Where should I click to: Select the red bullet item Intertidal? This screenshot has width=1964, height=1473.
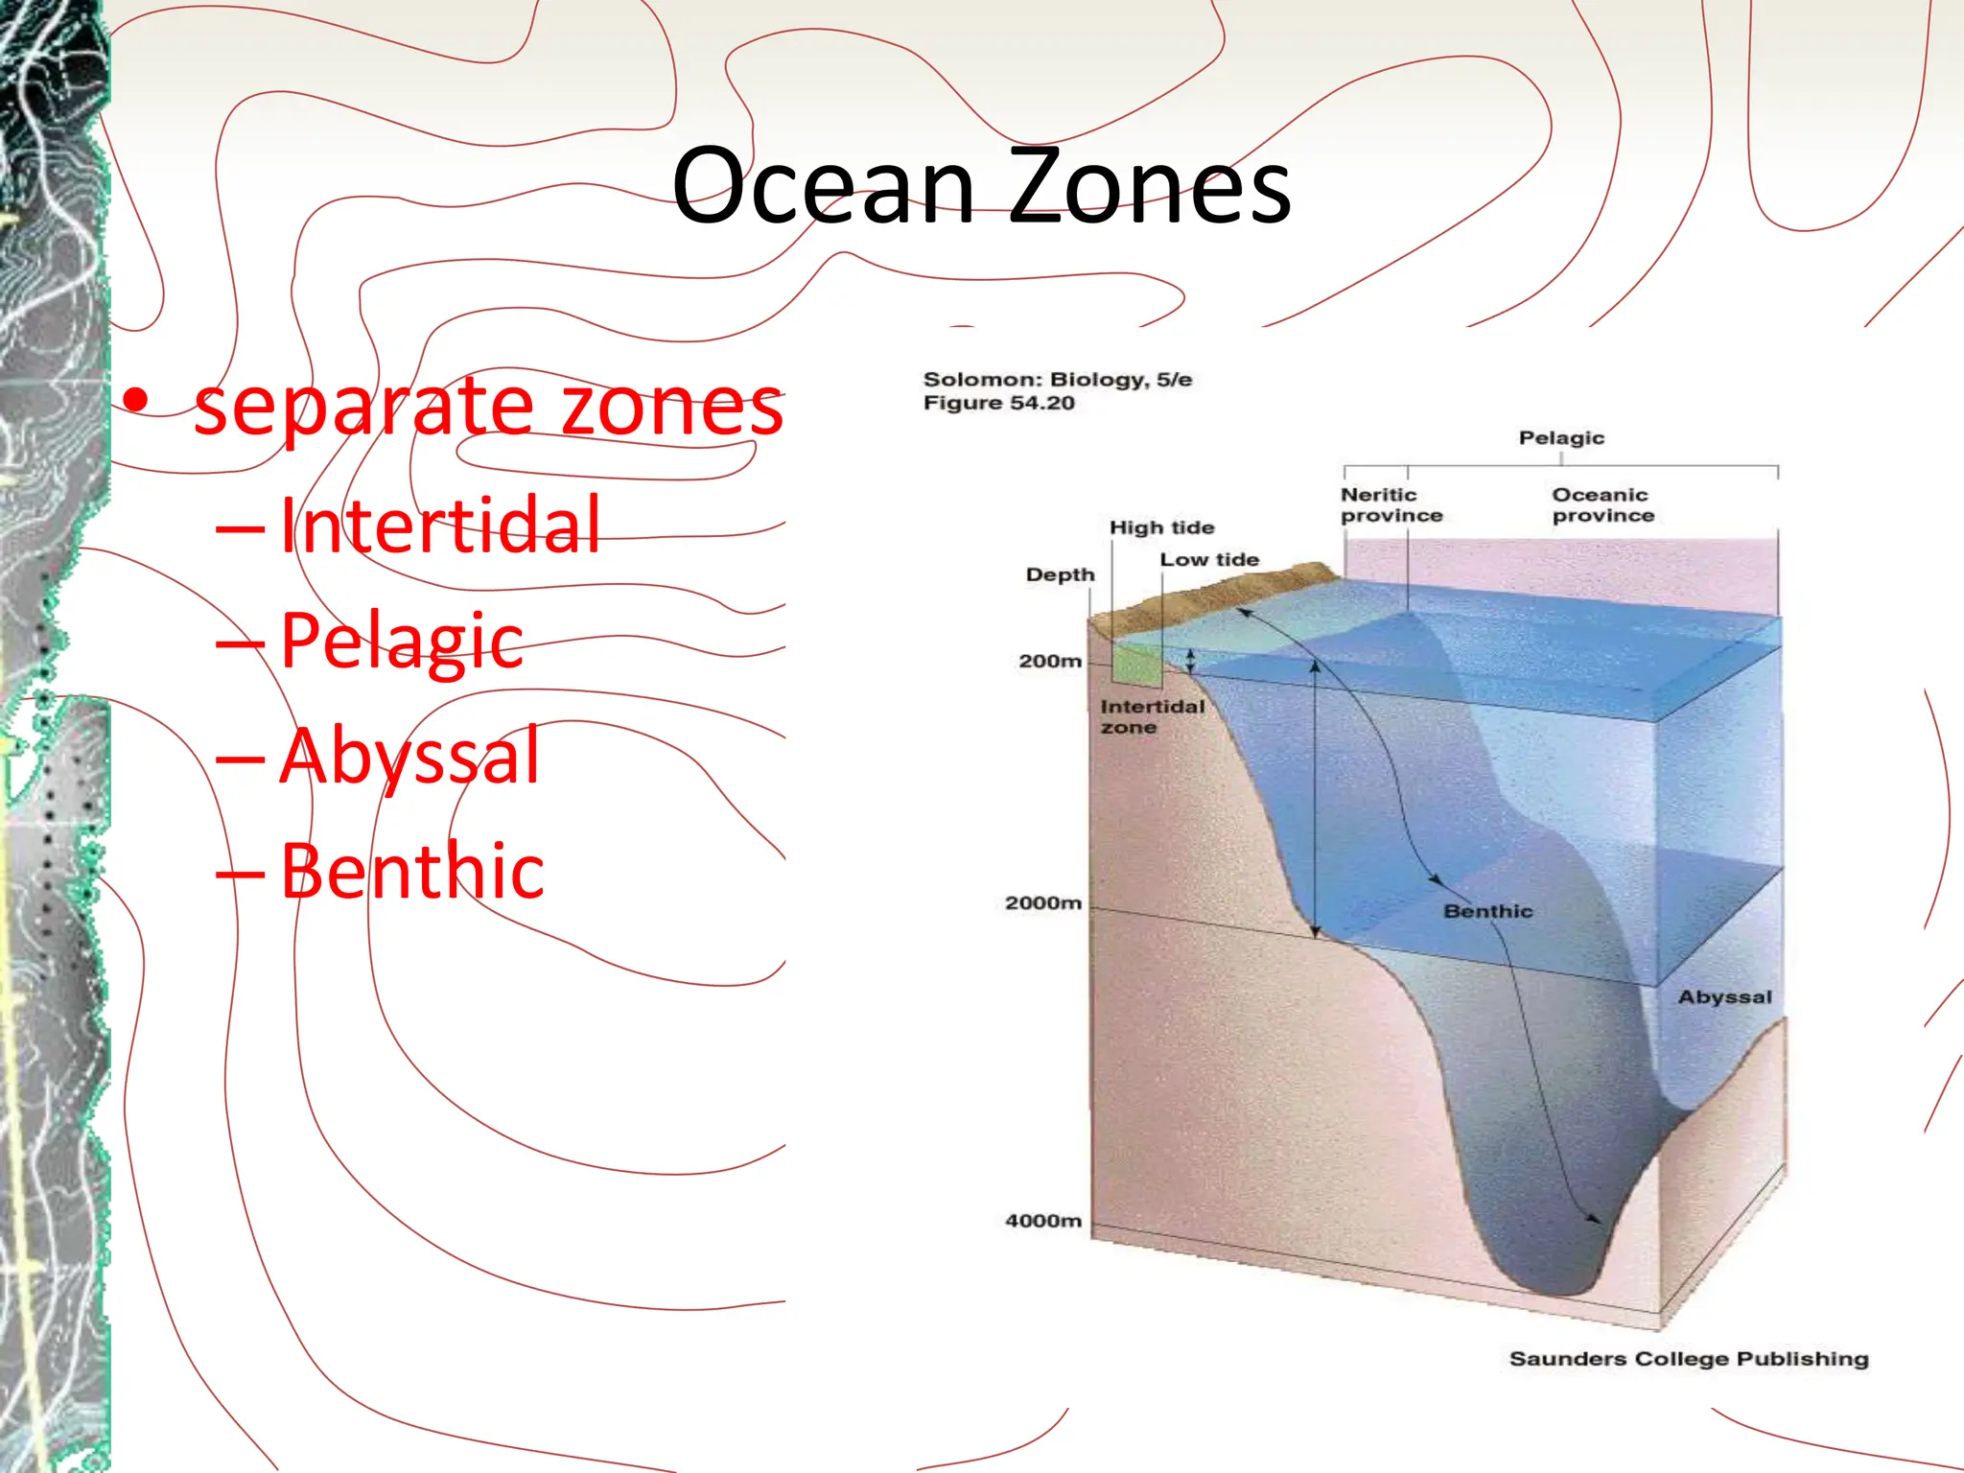pos(439,526)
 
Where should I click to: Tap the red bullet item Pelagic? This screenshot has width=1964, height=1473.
pos(401,641)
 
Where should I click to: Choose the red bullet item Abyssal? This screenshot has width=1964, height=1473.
pos(409,756)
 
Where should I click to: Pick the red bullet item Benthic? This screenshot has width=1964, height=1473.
pos(412,871)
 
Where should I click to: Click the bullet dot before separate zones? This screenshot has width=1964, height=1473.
pos(137,401)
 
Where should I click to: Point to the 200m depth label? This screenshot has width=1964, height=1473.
pos(1049,661)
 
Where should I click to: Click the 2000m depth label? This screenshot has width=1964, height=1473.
pos(1042,902)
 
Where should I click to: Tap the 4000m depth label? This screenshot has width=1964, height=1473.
pos(1042,1221)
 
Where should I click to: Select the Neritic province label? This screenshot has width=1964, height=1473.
pos(1390,504)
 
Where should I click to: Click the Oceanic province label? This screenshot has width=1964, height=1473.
pos(1602,504)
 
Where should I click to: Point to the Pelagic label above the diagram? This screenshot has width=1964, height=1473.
pos(1560,437)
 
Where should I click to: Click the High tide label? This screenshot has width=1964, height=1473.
pos(1160,527)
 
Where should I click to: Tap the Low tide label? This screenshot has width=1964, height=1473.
pos(1208,559)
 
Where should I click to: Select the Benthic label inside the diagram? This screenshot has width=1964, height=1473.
pos(1487,911)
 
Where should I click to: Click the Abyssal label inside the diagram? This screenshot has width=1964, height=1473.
pos(1724,996)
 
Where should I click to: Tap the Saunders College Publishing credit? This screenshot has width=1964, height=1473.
pos(1688,1358)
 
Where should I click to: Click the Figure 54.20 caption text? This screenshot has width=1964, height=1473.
pos(998,403)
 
